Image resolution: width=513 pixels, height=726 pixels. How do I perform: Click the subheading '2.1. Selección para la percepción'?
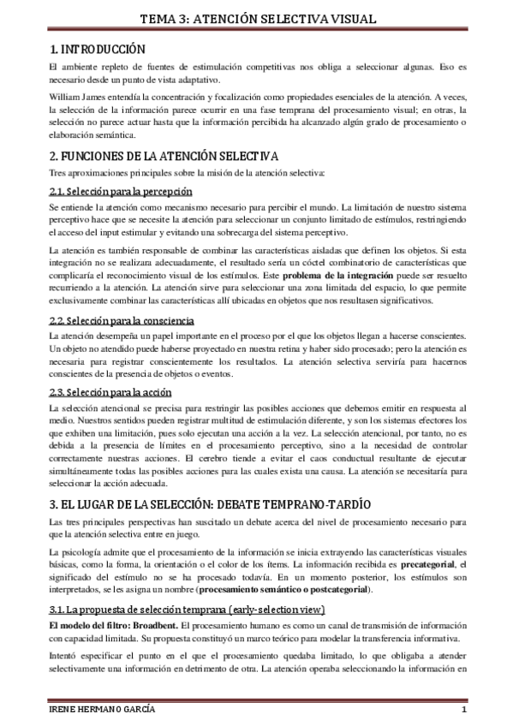point(120,191)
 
